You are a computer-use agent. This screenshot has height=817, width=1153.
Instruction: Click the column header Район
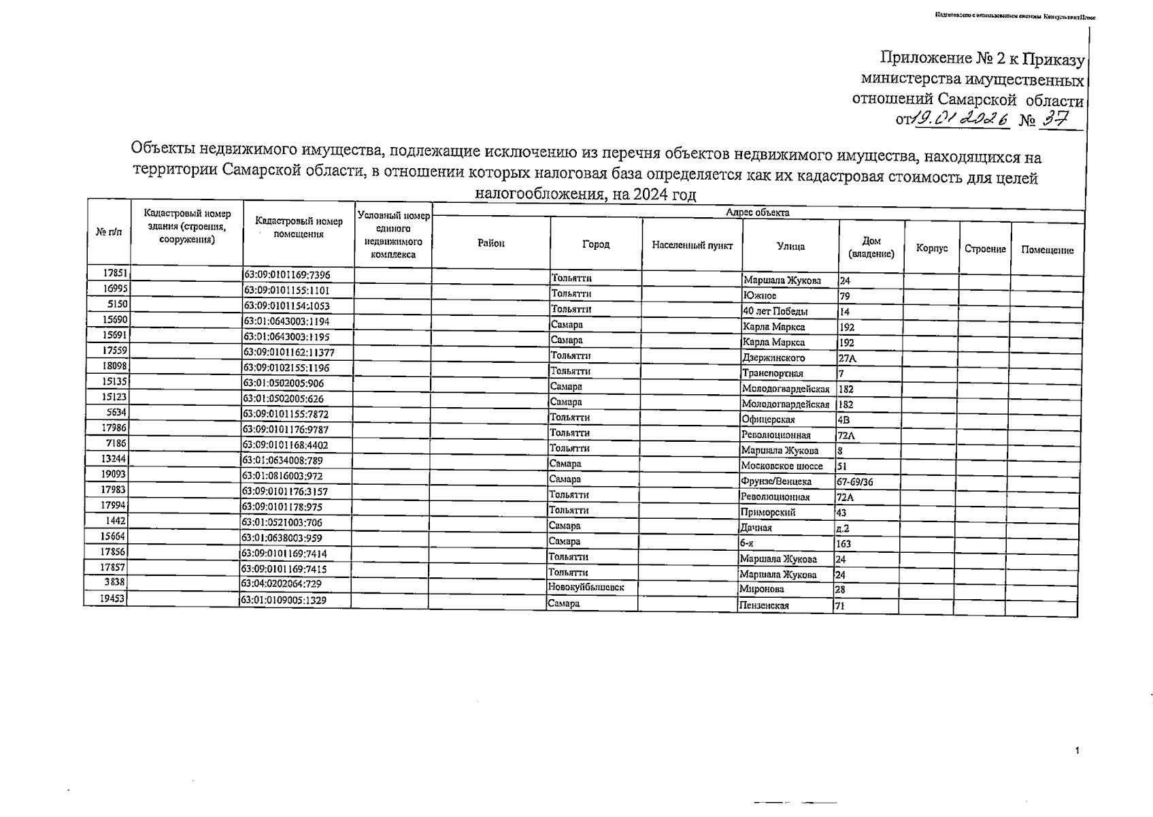coord(490,243)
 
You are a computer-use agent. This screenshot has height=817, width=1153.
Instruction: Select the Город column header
coord(595,244)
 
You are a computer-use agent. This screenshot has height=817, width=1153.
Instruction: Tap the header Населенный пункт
coord(692,245)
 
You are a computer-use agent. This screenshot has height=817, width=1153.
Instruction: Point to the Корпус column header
coord(931,248)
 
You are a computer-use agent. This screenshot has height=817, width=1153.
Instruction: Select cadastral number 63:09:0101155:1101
coord(286,291)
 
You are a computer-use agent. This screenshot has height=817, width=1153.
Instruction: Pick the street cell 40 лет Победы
coord(775,312)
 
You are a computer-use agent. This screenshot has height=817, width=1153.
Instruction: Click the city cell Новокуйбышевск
coord(586,587)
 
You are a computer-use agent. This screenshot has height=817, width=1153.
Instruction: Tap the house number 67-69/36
coord(855,482)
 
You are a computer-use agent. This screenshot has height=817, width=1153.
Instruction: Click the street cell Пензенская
coord(764,605)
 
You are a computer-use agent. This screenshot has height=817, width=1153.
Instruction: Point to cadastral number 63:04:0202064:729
coord(281,584)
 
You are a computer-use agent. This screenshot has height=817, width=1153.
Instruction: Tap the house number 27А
coord(847,358)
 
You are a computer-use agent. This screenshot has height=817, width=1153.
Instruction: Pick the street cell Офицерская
coord(768,420)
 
